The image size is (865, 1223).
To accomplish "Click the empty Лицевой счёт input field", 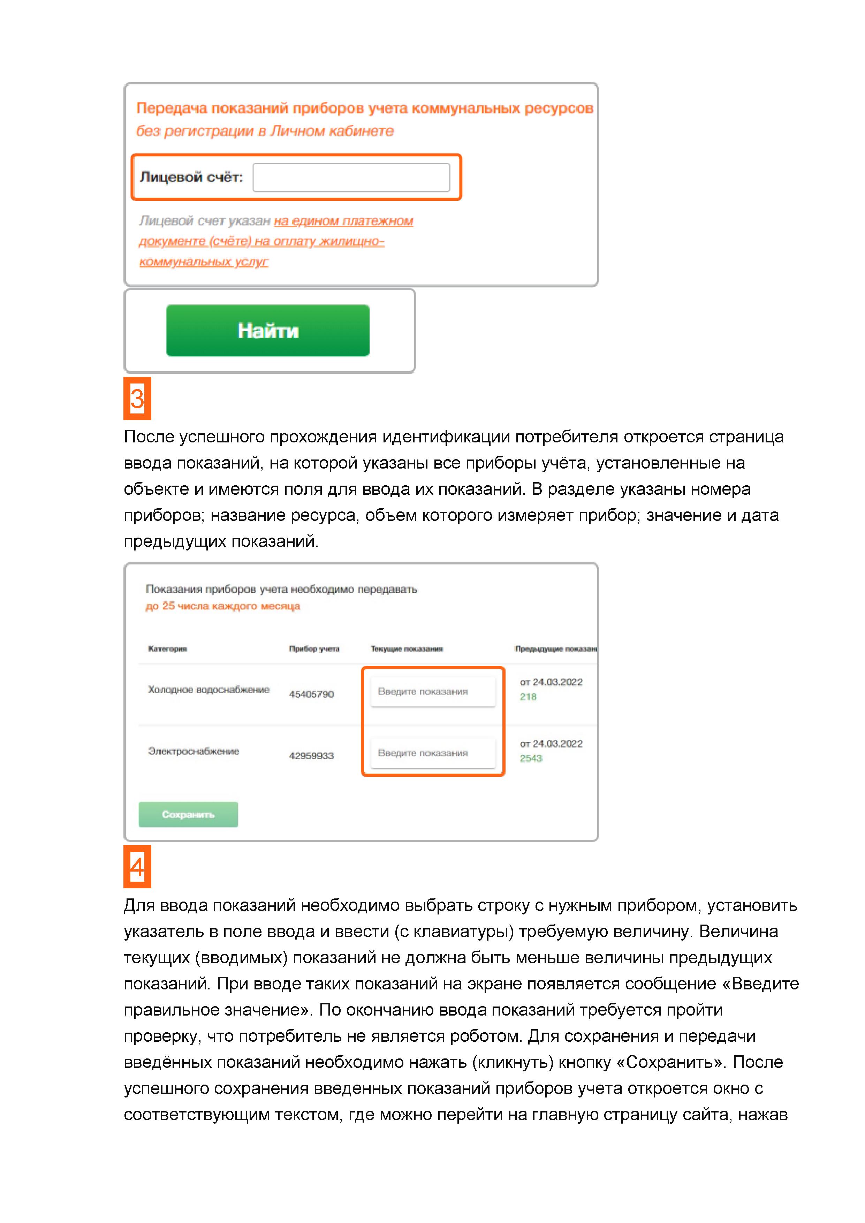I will click(351, 177).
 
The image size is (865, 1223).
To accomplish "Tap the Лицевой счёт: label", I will click(191, 177).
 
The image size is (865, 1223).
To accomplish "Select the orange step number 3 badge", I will click(137, 398).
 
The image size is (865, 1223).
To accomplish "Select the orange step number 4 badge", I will click(137, 867).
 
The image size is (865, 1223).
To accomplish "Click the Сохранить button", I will click(188, 814).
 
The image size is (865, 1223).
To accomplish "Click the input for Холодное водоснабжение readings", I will click(432, 691).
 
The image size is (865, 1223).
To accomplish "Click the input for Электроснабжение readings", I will click(432, 753).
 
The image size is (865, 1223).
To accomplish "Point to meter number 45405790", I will click(311, 694).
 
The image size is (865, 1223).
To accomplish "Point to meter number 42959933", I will click(311, 755).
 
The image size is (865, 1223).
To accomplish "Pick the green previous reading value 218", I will click(528, 697).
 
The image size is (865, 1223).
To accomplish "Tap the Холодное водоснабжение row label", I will click(208, 690).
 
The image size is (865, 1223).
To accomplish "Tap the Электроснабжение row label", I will click(194, 751).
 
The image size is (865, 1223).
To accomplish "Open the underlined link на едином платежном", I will click(343, 221).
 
